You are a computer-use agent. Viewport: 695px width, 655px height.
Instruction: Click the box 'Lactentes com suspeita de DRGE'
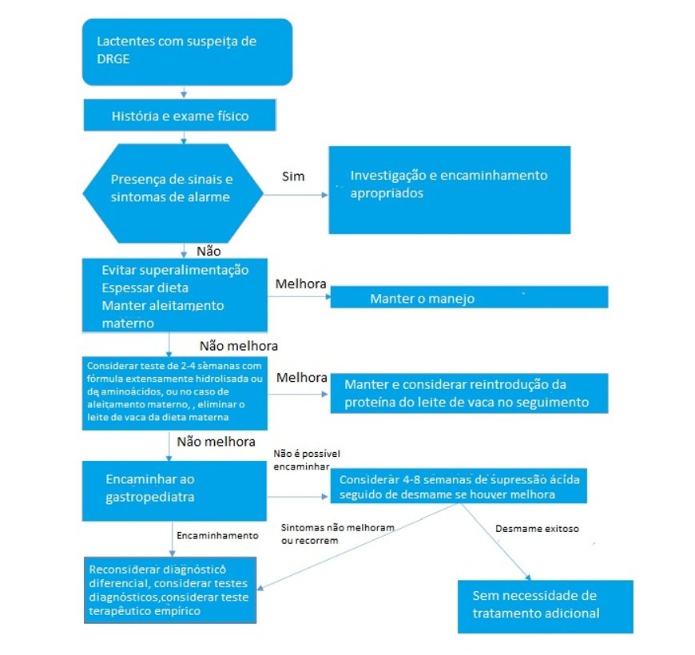click(x=187, y=52)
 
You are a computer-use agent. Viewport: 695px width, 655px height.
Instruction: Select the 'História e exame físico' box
click(x=180, y=115)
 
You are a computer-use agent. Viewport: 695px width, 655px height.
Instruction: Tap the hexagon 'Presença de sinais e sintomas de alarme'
click(x=173, y=193)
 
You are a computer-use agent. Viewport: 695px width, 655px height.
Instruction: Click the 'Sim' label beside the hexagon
click(x=293, y=177)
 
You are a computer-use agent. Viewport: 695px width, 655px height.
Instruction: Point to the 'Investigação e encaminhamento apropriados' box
click(x=450, y=189)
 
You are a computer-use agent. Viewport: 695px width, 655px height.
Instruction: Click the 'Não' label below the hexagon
click(x=208, y=252)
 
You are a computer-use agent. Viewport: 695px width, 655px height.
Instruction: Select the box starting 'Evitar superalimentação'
click(x=175, y=295)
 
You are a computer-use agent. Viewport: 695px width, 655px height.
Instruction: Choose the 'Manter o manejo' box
click(x=470, y=297)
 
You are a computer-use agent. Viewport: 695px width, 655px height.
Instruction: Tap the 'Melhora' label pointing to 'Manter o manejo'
click(x=301, y=284)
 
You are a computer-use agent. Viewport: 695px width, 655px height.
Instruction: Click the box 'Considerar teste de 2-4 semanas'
click(x=175, y=393)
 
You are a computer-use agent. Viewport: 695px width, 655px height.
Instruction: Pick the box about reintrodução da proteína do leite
click(x=470, y=394)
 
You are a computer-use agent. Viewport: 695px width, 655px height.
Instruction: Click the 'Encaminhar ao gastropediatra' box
click(x=174, y=490)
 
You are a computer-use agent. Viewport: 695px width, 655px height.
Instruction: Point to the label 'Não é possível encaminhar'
click(x=307, y=460)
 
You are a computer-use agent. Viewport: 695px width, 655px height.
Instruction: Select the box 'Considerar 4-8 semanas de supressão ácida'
click(x=459, y=486)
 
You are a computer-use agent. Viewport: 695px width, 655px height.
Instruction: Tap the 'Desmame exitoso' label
click(x=537, y=529)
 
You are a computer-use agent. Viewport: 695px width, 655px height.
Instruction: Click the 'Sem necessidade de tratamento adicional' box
click(x=546, y=606)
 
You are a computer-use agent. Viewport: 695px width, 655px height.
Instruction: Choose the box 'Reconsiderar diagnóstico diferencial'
click(x=170, y=589)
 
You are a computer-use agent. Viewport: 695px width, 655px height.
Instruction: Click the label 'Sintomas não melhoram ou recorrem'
click(x=338, y=534)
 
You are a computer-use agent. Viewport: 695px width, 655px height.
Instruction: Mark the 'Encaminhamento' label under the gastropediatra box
click(x=217, y=535)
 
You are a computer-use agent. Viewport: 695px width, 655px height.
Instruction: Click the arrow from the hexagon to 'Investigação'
click(x=296, y=195)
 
